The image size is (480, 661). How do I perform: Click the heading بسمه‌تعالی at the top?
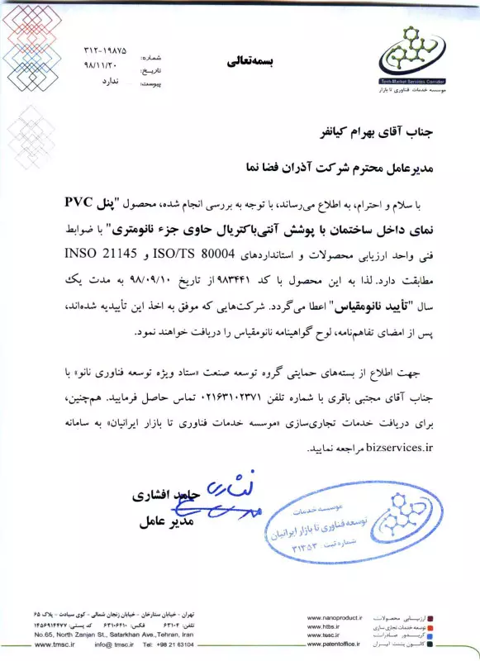click(254, 62)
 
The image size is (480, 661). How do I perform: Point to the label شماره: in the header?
click(155, 59)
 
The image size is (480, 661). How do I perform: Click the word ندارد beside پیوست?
click(111, 83)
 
